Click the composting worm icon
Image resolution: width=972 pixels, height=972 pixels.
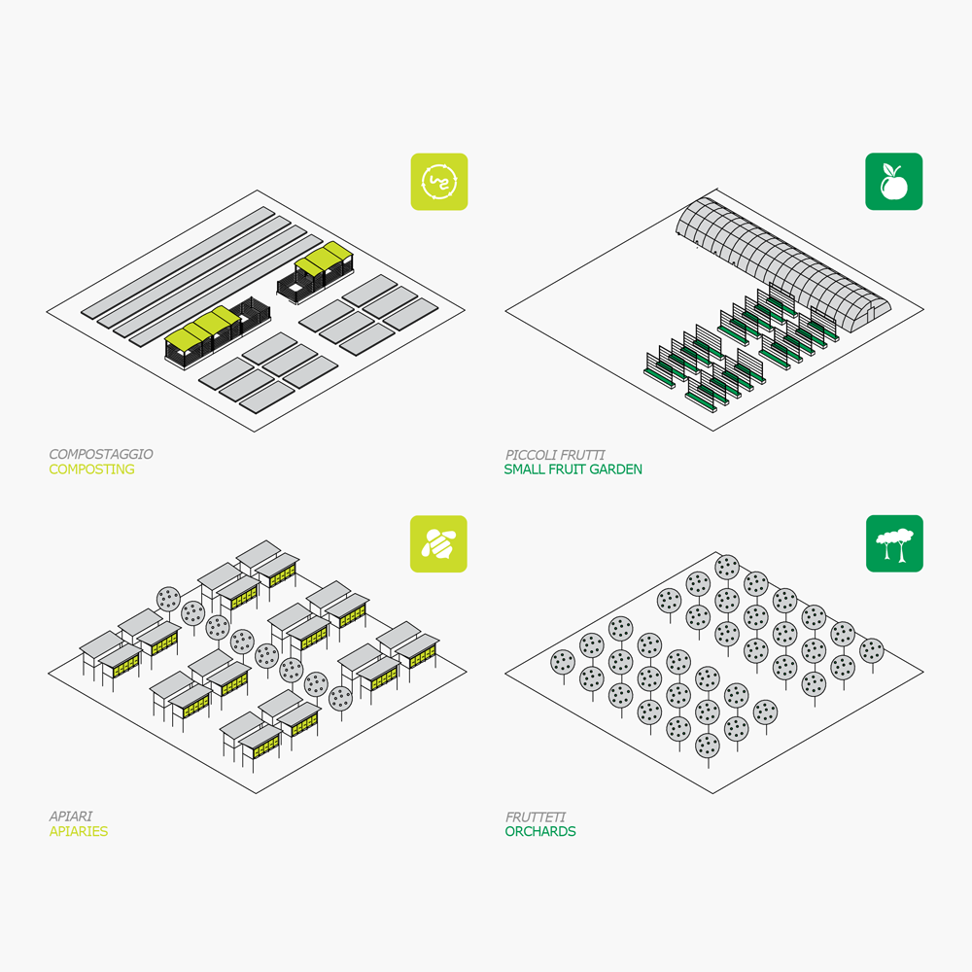(x=439, y=182)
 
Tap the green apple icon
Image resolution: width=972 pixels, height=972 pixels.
(x=893, y=182)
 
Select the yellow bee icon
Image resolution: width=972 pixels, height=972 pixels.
(x=438, y=543)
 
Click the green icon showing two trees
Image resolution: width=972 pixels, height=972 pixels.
(x=894, y=543)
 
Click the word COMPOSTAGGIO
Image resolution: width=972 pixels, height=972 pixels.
(x=101, y=454)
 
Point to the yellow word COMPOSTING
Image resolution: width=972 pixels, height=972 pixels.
(x=91, y=469)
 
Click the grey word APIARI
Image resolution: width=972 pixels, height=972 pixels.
(x=71, y=816)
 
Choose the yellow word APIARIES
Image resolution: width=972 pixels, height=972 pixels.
(x=79, y=831)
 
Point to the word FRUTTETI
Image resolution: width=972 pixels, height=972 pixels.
(x=536, y=817)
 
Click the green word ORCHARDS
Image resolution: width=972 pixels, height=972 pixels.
(x=540, y=831)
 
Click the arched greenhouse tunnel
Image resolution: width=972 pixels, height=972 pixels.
(x=782, y=263)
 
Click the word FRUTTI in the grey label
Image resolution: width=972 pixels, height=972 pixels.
(x=582, y=455)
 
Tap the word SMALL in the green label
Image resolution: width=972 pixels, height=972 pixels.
(x=526, y=469)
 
